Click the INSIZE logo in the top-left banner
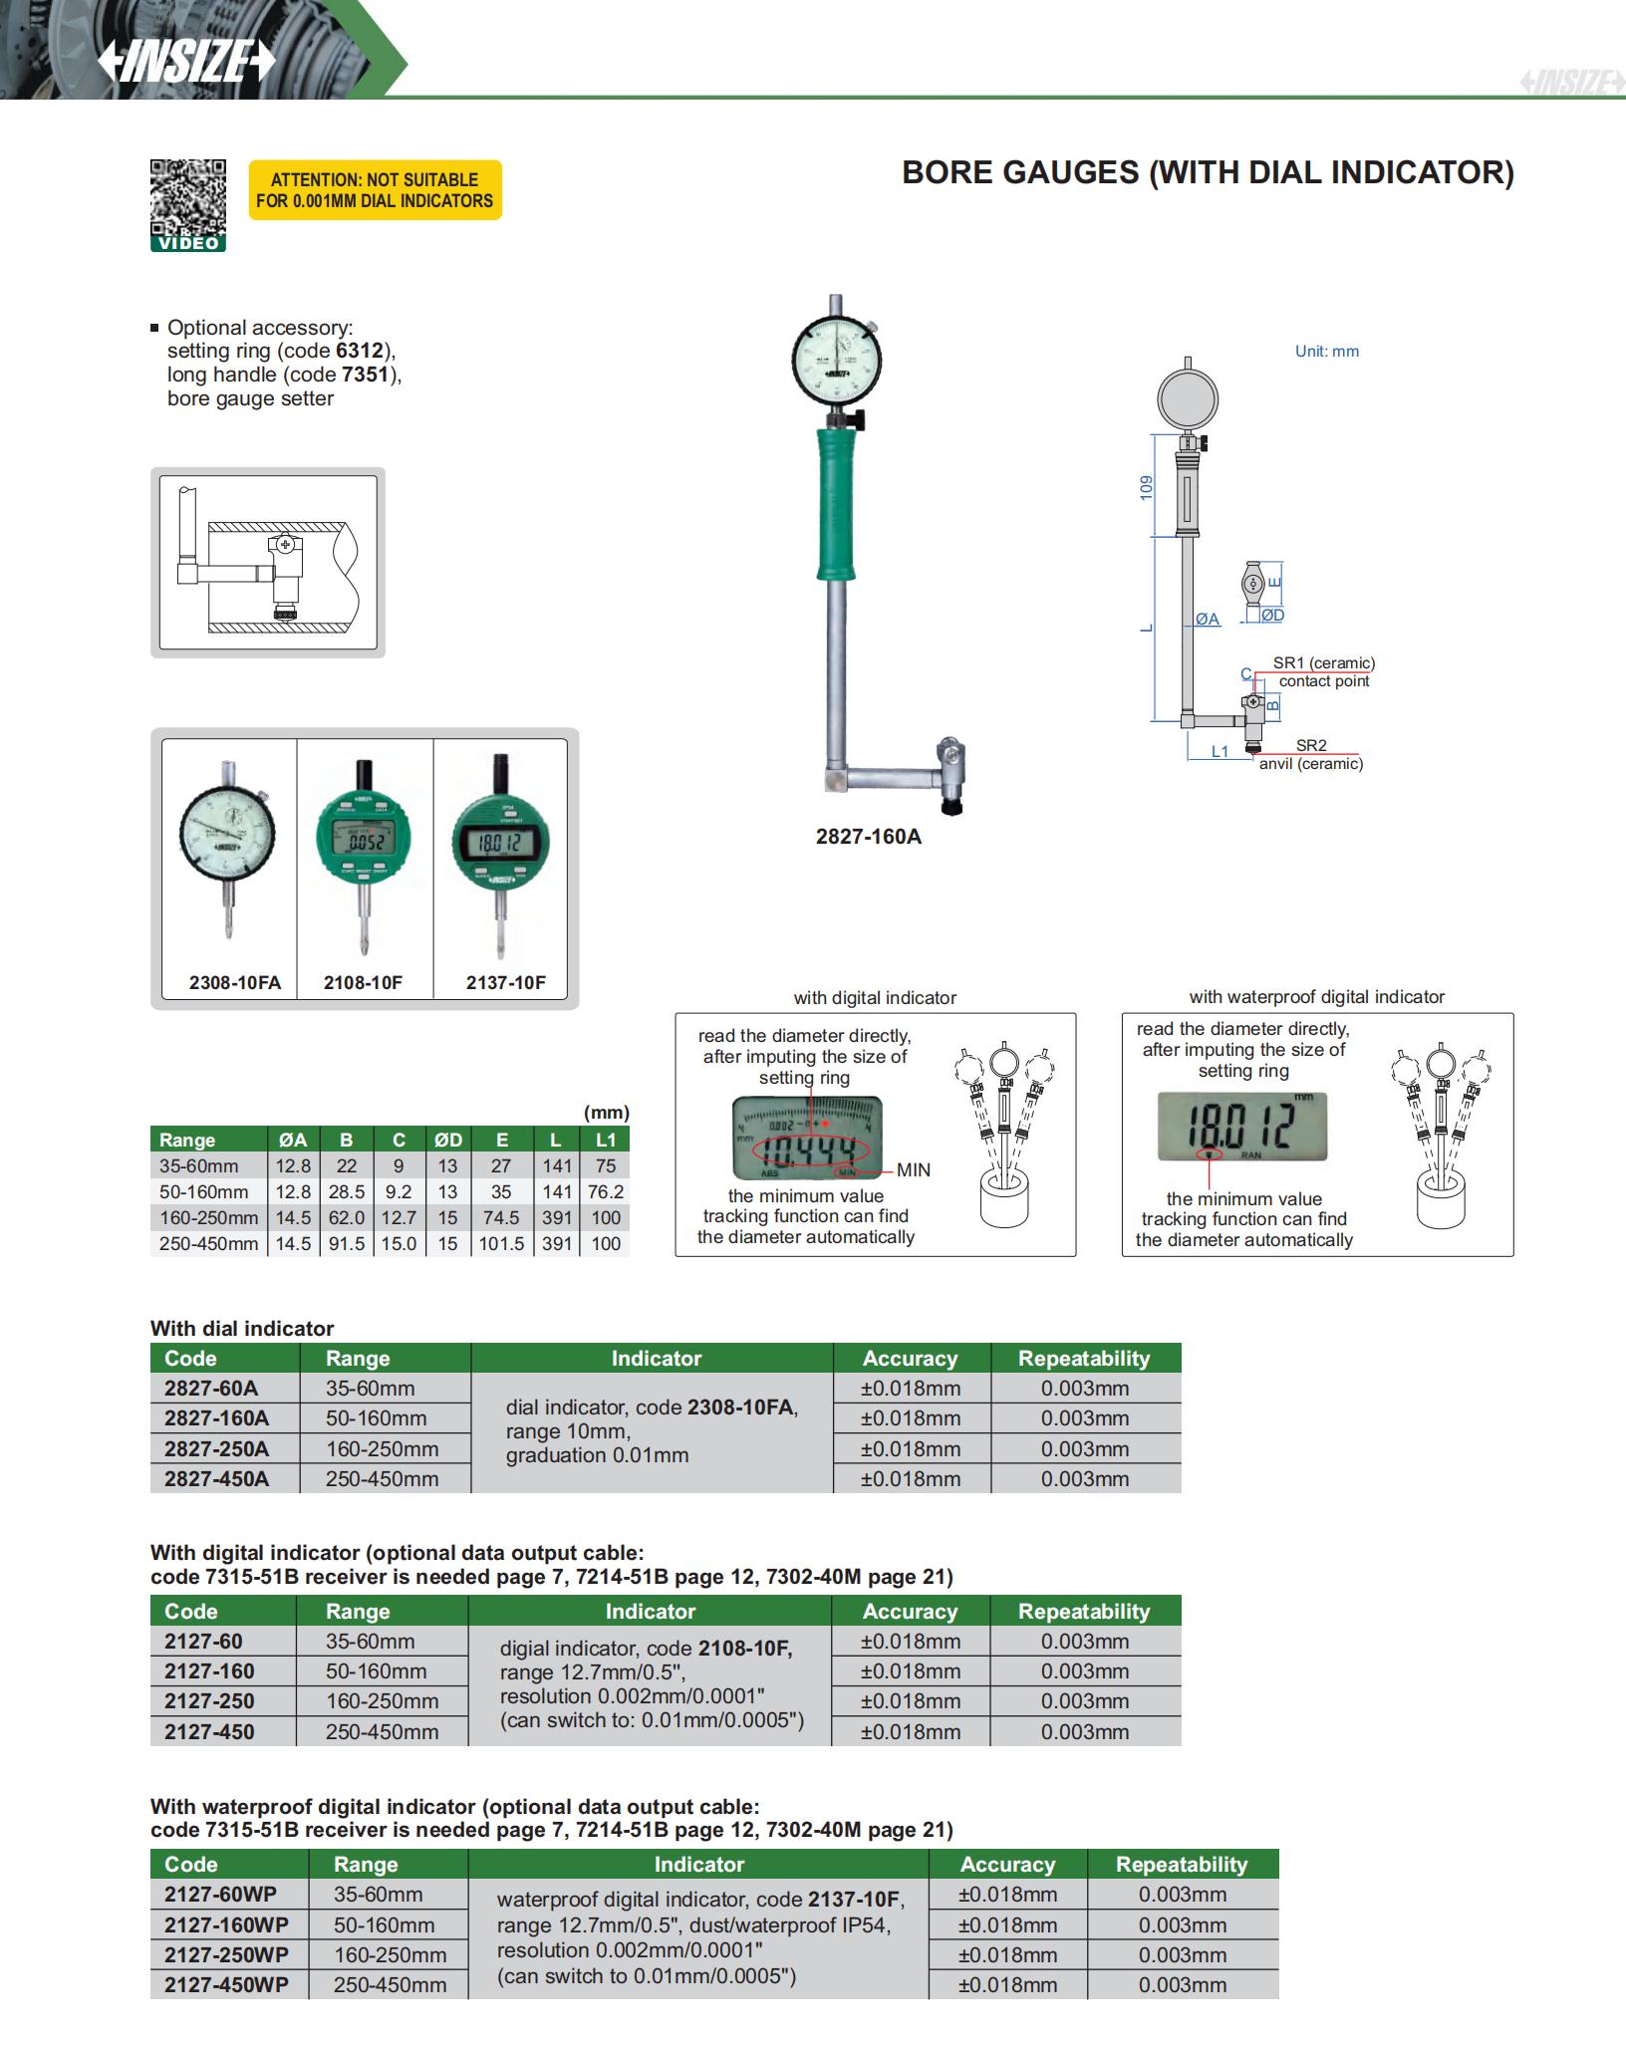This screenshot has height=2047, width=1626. point(185,62)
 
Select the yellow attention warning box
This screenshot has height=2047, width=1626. point(375,190)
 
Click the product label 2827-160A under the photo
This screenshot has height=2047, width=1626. point(868,837)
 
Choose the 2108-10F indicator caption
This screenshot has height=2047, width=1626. point(363,982)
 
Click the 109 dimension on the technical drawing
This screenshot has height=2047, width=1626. point(1147,487)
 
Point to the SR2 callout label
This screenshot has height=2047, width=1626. point(1311,745)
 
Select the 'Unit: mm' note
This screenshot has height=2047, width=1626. point(1326,351)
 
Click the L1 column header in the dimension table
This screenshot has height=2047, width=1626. point(605,1140)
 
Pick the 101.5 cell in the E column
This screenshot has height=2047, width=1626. point(501,1243)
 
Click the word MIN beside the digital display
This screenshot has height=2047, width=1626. point(913,1169)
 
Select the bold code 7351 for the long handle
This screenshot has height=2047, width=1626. point(365,375)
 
